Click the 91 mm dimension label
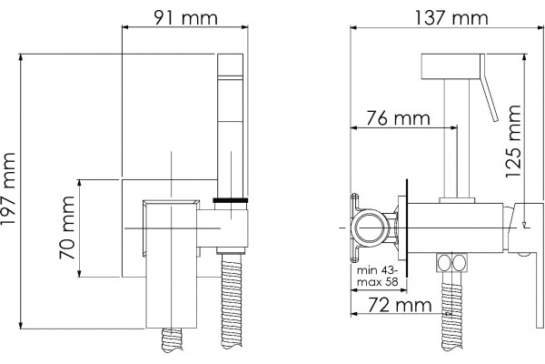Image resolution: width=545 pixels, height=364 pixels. (x=185, y=17)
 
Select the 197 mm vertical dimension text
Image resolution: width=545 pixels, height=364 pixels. (x=8, y=188)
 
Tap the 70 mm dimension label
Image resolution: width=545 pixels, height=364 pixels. (x=67, y=227)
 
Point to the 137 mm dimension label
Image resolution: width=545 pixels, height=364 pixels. (x=451, y=17)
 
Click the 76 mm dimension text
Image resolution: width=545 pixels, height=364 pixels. (x=399, y=117)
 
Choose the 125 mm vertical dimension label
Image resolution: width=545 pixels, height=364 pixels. (x=513, y=141)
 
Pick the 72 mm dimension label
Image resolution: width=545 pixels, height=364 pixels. (x=400, y=305)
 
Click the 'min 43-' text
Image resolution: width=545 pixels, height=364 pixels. (x=378, y=270)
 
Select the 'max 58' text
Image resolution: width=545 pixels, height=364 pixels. (x=378, y=281)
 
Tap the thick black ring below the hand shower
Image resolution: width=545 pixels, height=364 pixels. (x=231, y=200)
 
